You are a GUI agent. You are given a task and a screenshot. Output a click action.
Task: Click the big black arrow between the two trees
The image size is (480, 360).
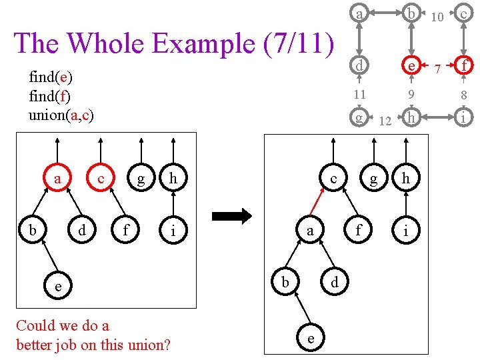tap(231, 216)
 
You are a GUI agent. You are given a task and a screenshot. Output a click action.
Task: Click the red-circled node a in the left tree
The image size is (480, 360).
tap(58, 179)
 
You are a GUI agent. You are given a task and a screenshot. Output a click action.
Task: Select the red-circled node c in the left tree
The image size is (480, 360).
tap(100, 179)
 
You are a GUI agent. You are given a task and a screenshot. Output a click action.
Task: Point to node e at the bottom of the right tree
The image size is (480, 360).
tap(311, 338)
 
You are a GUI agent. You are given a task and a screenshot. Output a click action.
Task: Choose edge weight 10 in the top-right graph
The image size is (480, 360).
tap(437, 15)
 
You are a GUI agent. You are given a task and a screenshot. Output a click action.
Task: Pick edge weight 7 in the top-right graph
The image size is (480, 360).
tap(437, 67)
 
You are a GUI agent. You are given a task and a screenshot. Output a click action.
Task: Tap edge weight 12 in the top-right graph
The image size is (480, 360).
tap(385, 121)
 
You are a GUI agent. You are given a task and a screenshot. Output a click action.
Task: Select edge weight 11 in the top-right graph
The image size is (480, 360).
tap(359, 93)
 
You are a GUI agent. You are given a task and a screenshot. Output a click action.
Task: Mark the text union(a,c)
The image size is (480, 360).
tap(61, 115)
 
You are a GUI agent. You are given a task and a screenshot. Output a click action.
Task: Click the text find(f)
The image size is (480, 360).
tap(50, 96)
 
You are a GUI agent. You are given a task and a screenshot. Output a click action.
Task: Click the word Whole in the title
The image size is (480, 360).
tap(107, 43)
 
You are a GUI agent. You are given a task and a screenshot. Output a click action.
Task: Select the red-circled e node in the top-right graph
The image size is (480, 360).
tap(413, 66)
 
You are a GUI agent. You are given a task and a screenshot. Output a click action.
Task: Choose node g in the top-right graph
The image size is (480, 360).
tap(359, 117)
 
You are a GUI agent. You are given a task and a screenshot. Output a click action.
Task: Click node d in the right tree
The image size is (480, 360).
tap(334, 282)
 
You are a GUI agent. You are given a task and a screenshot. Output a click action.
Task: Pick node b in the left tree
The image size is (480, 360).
tap(32, 231)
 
